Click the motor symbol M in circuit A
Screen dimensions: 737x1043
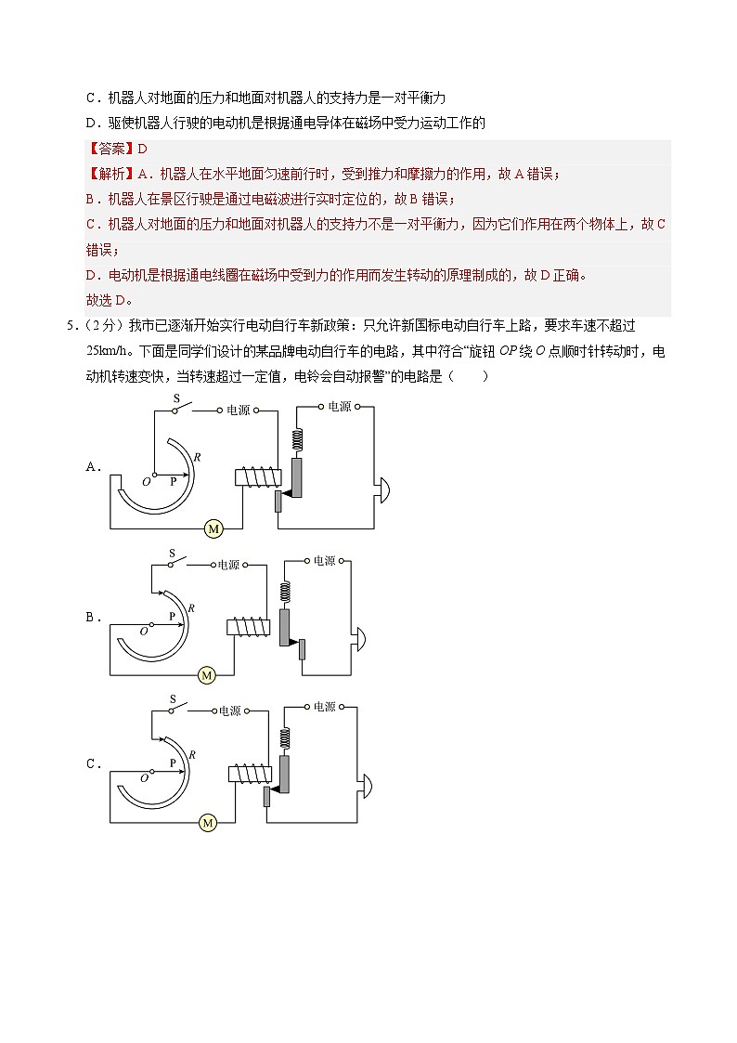point(213,529)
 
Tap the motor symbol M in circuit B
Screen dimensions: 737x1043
point(207,675)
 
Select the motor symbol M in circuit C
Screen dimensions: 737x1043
point(207,823)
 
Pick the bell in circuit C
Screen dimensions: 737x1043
point(366,785)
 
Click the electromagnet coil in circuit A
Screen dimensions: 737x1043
point(252,477)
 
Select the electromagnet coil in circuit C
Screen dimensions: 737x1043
point(247,775)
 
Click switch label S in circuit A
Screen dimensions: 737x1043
point(177,398)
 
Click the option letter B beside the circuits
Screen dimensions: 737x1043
point(93,617)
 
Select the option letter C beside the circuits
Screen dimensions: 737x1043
point(93,764)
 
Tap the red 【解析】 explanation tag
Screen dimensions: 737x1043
point(109,174)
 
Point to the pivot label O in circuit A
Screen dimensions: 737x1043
point(146,482)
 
